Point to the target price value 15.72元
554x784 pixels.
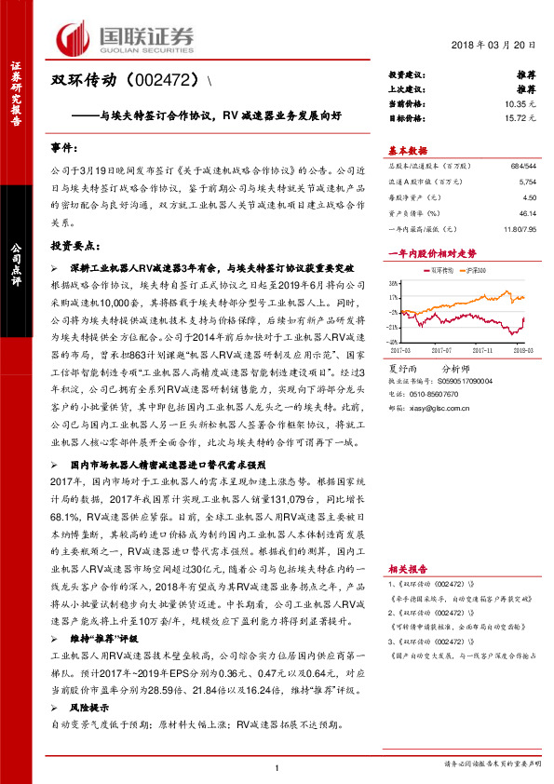tap(520, 119)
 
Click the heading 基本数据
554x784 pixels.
tap(407, 150)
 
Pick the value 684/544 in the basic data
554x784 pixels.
tap(522, 165)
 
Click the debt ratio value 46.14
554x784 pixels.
tap(527, 213)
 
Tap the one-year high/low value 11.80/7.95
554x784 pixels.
tap(520, 229)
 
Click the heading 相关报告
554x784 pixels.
tap(406, 567)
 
